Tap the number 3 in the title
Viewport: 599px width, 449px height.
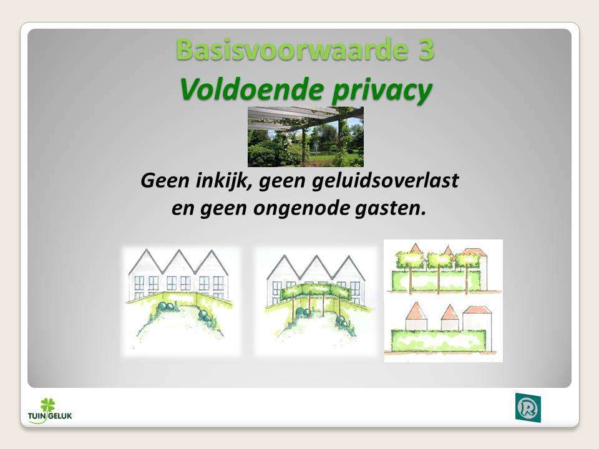pos(426,50)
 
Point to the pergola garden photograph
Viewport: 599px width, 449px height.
pos(306,137)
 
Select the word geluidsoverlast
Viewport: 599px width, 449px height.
pos(386,181)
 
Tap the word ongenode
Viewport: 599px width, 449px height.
pos(301,209)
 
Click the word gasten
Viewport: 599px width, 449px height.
pos(390,209)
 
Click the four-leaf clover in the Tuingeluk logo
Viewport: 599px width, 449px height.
pos(48,405)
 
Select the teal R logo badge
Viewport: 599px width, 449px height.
pos(528,408)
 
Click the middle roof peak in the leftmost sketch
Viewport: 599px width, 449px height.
pos(179,252)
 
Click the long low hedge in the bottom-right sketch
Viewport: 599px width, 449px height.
pos(439,340)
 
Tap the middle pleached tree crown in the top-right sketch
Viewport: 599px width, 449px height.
pos(440,261)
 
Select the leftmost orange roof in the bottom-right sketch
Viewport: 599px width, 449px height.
pos(416,312)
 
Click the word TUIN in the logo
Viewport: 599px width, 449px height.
pos(37,416)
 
